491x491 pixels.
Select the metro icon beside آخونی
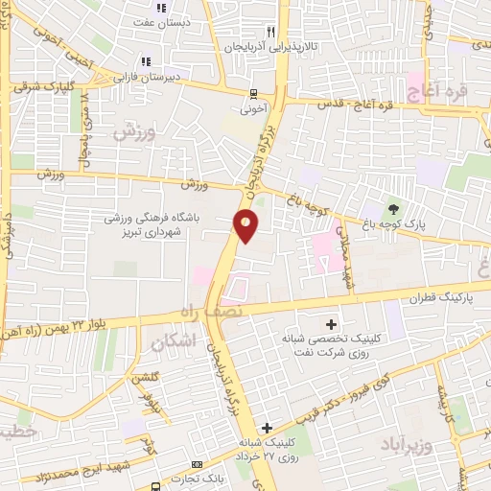[253, 95]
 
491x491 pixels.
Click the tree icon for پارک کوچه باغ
[392, 209]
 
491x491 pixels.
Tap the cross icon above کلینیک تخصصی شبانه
[333, 324]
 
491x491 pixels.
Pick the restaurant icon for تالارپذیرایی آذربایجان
[273, 31]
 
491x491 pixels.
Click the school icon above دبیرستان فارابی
[146, 62]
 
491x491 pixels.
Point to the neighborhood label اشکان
[173, 340]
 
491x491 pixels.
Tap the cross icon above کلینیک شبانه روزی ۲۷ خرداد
[267, 427]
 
